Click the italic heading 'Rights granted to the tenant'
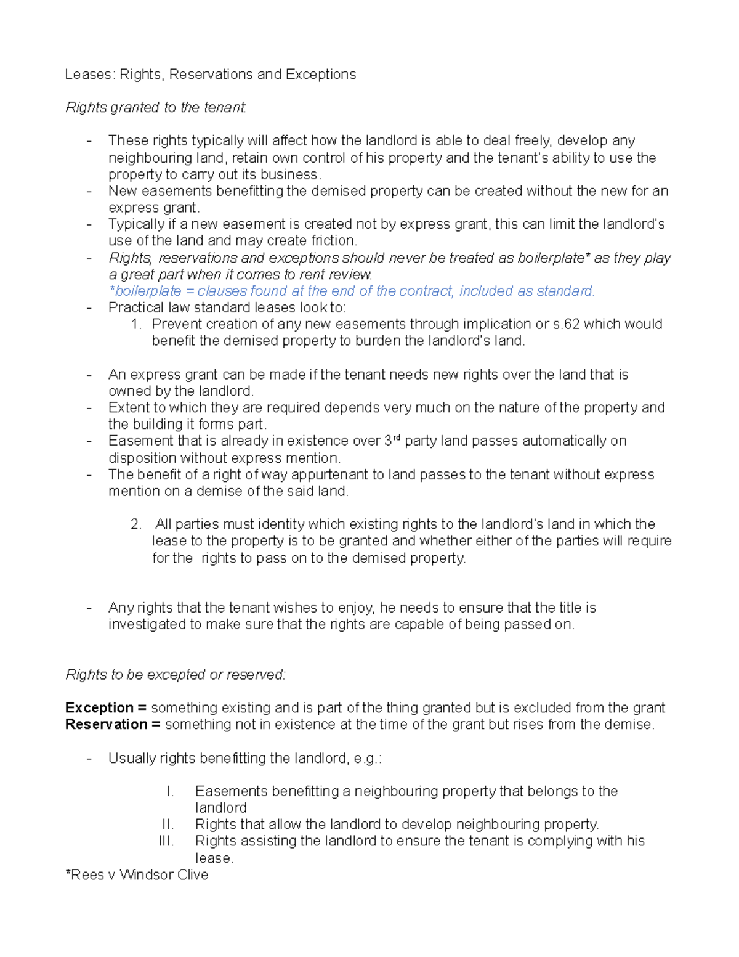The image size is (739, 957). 156,108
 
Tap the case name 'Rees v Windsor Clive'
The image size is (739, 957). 137,874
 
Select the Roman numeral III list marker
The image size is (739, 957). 166,841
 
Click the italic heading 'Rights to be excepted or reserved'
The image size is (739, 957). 176,675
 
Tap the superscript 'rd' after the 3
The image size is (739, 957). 397,438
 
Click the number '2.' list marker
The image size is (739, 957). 136,524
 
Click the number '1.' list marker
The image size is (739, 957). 137,324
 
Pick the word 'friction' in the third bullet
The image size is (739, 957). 333,241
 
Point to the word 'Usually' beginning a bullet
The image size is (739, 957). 132,758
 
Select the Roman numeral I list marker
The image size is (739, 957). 171,791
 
